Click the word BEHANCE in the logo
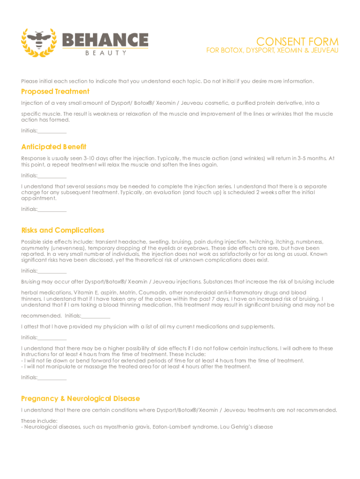(105, 40)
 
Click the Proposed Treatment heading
(55, 91)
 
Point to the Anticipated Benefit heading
(54, 147)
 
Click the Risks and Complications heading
(63, 230)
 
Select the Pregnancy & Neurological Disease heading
(80, 399)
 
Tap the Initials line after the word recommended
(95, 316)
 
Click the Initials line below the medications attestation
(52, 338)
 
